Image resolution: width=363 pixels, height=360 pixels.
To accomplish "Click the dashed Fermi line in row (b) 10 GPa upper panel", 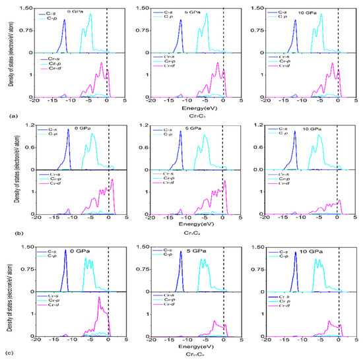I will coord(339,146).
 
